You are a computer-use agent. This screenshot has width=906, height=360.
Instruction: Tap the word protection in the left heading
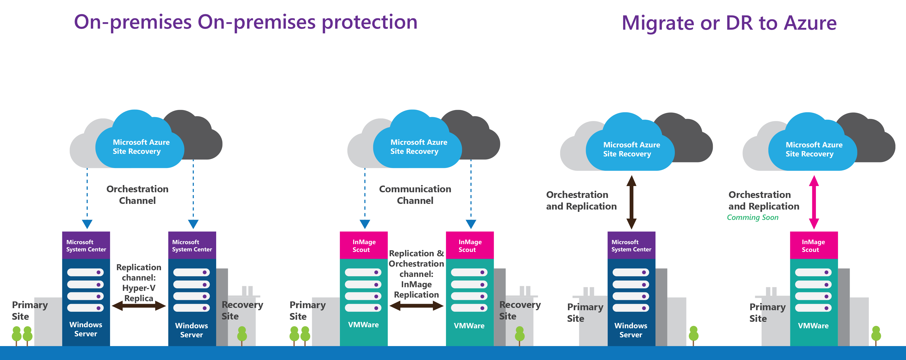[369, 22]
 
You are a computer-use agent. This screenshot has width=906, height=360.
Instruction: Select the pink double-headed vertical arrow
[814, 202]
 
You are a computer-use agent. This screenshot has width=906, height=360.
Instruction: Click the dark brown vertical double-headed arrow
[631, 202]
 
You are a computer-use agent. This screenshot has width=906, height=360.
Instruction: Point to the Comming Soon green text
[753, 218]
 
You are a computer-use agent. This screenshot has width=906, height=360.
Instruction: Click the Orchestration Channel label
[137, 195]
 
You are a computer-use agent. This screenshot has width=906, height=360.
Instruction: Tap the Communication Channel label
[415, 195]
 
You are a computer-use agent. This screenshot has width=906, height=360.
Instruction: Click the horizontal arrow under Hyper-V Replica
[139, 306]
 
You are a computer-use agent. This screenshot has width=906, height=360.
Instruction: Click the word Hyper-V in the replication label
[139, 288]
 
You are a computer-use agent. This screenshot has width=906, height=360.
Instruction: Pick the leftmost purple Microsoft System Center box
[86, 245]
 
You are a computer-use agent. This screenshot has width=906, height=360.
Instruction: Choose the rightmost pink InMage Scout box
[814, 245]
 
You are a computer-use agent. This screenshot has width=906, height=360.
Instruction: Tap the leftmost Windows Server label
[86, 329]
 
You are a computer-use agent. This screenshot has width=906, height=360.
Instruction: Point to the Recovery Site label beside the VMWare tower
[520, 310]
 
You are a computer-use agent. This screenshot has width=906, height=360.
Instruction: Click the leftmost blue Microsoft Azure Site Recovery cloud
[140, 147]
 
